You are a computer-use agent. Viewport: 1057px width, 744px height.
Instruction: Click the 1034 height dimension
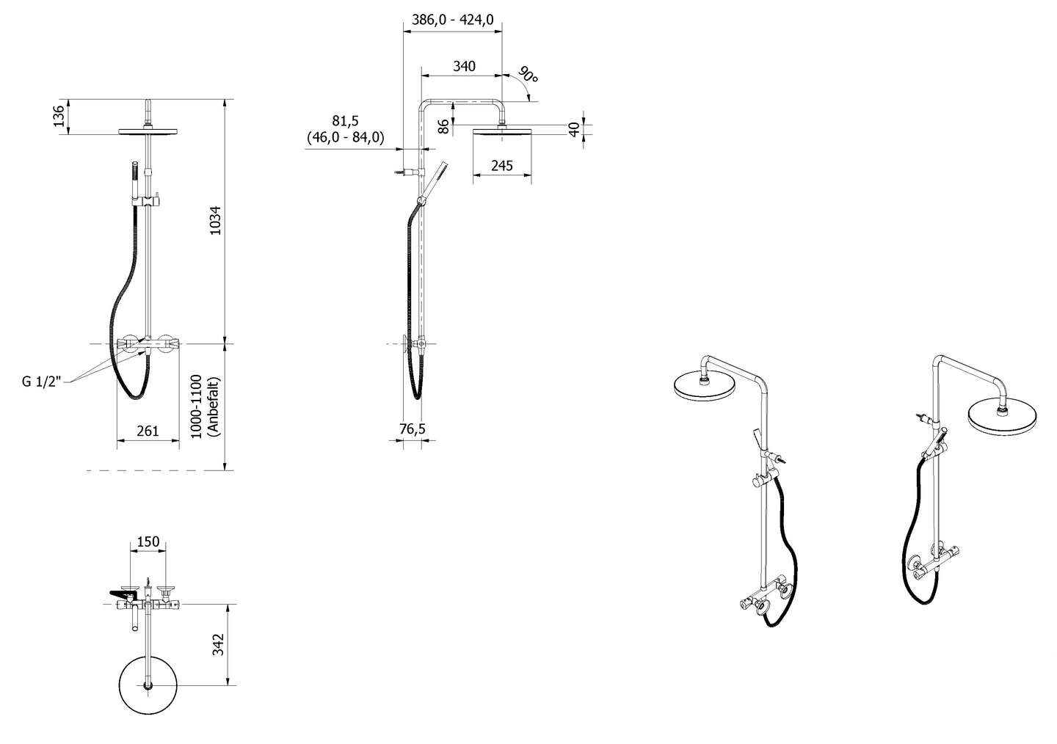(x=215, y=220)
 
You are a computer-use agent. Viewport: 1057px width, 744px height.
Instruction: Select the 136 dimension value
(x=59, y=116)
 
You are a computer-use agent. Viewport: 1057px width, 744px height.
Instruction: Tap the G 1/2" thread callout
(x=42, y=382)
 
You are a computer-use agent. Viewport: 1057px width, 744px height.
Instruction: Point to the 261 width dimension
(x=148, y=431)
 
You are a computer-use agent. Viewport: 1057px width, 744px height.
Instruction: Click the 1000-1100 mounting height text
(x=196, y=406)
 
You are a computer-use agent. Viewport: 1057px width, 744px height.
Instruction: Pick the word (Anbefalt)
(x=214, y=406)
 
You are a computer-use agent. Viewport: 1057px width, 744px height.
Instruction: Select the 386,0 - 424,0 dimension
(x=452, y=19)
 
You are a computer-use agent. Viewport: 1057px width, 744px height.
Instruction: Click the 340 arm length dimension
(x=465, y=66)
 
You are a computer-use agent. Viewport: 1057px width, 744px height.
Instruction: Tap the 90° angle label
(x=528, y=74)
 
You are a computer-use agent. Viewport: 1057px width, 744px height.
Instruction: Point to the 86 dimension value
(x=443, y=126)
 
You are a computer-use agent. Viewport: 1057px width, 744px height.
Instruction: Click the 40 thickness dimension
(x=574, y=129)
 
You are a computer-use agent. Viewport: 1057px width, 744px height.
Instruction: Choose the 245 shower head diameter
(x=502, y=166)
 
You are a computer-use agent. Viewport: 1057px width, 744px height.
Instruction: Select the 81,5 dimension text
(x=346, y=121)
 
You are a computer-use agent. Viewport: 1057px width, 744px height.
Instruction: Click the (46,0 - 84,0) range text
(x=346, y=137)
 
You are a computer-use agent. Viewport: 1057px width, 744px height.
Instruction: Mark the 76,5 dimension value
(x=413, y=428)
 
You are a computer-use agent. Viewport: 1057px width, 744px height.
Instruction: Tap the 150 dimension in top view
(x=148, y=541)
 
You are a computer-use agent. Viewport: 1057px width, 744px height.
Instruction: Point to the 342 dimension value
(x=218, y=644)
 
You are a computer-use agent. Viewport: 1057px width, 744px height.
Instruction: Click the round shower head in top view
(x=148, y=685)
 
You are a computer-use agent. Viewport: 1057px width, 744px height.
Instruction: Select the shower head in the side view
(x=502, y=130)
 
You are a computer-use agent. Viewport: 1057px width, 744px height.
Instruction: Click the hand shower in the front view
(x=135, y=183)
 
